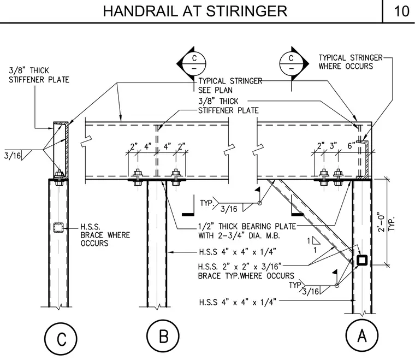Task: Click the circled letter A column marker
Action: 362,335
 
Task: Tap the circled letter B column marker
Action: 163,336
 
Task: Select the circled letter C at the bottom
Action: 61,339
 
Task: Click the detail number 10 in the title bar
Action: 401,11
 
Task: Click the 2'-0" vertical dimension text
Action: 381,222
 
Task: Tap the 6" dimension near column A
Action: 351,146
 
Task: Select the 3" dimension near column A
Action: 333,146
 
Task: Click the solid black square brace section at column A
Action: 362,260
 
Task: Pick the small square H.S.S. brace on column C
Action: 58,228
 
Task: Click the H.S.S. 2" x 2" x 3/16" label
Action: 240,266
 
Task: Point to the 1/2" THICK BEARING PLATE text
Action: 247,226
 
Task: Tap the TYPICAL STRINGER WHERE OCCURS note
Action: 351,62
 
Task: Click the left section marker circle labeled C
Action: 194,63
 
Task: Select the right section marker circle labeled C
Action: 291,63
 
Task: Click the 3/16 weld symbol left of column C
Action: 13,155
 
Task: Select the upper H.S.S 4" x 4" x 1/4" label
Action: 238,252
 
